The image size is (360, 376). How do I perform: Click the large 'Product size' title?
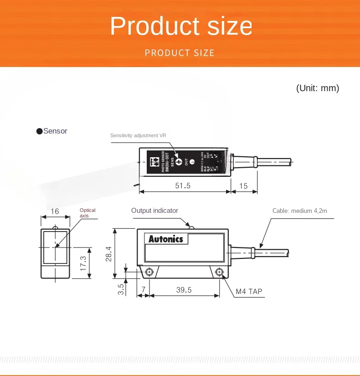180,26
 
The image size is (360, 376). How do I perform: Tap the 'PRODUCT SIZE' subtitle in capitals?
180,53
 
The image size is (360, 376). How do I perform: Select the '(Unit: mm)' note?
318,88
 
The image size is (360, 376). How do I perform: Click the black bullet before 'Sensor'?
39,131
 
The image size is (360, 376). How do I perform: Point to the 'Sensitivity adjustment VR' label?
138,135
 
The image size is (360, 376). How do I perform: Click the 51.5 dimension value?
183,186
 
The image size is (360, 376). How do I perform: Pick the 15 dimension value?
243,186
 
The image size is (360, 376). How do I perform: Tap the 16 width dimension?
55,211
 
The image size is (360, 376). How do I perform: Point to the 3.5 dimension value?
121,289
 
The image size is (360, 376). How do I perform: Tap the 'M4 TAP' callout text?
249,291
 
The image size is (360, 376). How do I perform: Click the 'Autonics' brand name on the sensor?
166,239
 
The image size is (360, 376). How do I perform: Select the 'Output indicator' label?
154,211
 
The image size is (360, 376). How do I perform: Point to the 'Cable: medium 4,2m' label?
300,211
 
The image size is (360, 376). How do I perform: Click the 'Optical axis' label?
87,212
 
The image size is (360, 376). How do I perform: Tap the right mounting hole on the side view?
220,273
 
